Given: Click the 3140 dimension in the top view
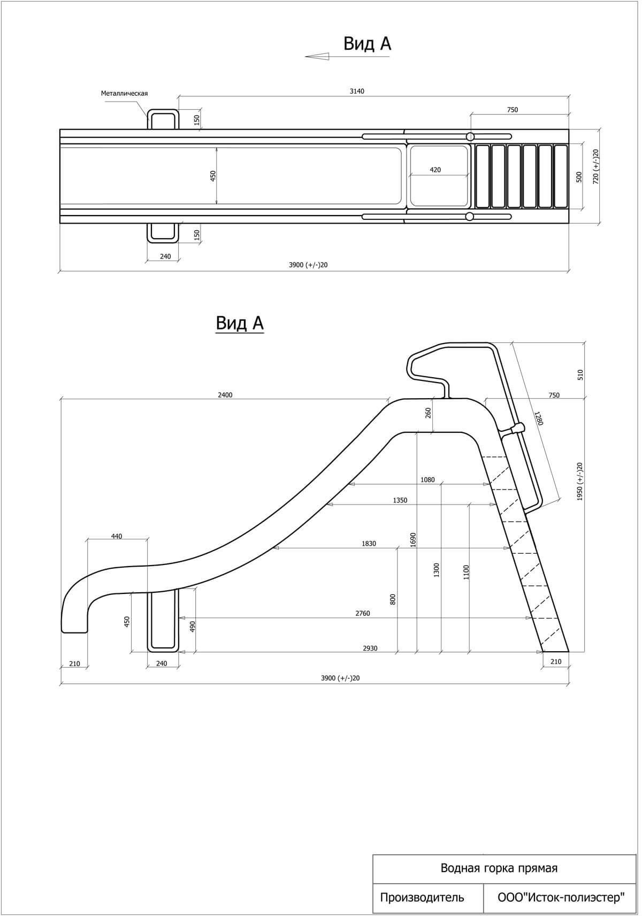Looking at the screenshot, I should pos(357,91).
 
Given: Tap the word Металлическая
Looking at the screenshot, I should pos(124,93).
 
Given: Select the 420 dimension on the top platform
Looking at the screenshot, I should pos(435,170).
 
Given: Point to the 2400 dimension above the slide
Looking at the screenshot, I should pos(225,395).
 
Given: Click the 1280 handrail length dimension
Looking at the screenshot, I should pos(538,419).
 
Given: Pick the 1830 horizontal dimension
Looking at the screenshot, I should pos(369,544).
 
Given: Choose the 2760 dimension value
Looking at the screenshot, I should pos(363,614).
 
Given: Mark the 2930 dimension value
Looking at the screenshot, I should pos(370,648).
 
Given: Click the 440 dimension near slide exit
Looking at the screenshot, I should pos(117,536).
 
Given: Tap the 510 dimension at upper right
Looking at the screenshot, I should pos(580,375).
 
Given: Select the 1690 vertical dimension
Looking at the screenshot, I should pos(412,539).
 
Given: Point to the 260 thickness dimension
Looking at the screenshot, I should pos(429,413).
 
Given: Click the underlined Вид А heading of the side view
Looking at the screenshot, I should pos(240,323).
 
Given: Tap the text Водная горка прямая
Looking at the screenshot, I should pos(499,868).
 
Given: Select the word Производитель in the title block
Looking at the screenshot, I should pos(422,897).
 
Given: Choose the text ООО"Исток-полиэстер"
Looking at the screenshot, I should pos(561,897).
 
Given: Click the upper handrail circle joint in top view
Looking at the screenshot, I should pos(470,136).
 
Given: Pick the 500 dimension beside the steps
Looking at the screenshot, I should pos(579,177).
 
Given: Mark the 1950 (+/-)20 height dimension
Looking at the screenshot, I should pos(580,482).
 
